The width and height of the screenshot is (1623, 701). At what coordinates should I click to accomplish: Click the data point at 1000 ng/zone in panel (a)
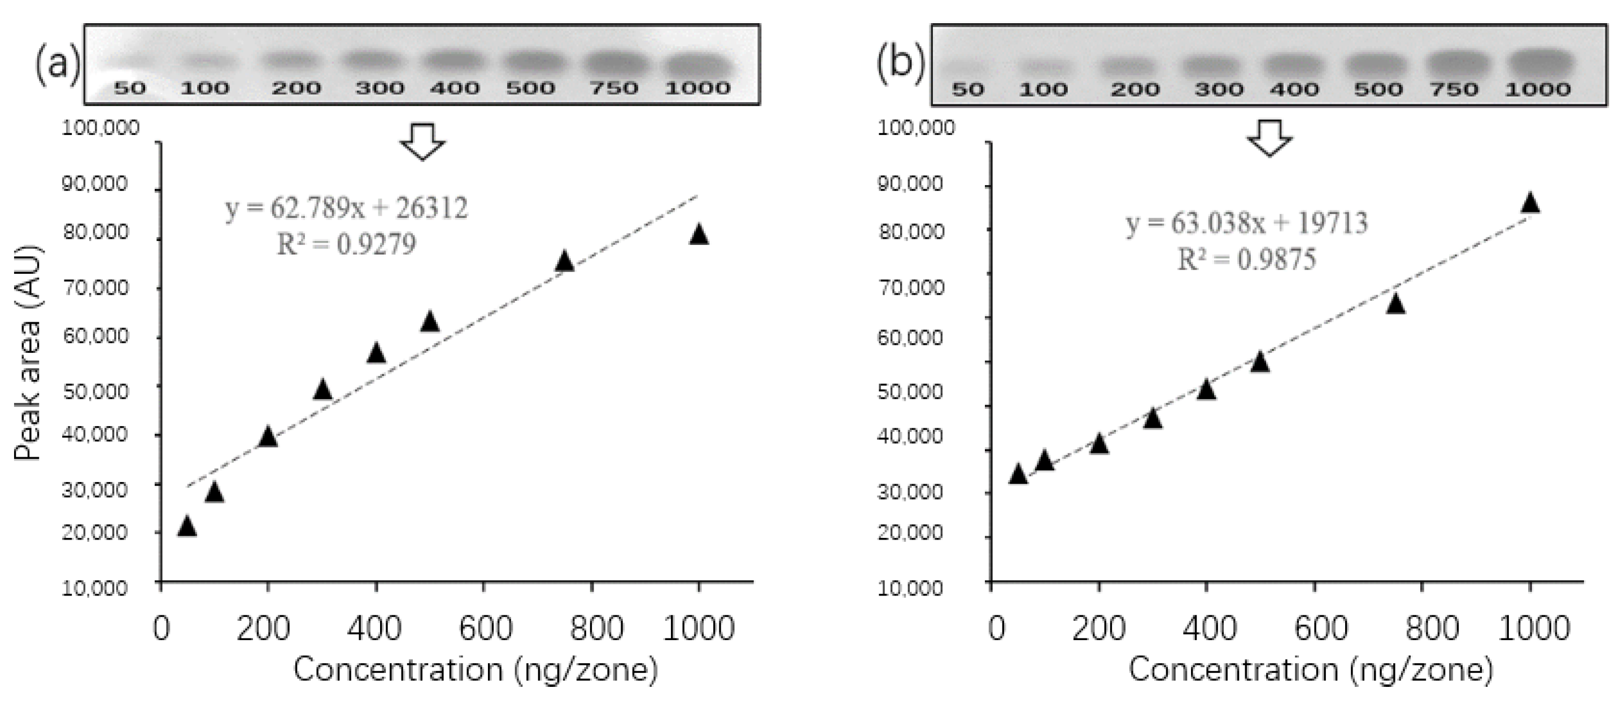699,235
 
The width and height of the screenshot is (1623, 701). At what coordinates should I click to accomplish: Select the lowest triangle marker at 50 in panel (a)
187,526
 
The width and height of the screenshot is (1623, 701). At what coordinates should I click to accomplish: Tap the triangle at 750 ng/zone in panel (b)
1395,304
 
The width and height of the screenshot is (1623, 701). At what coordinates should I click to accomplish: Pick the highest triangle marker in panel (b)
1530,203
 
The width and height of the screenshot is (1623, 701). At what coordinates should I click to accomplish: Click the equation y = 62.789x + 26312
347,208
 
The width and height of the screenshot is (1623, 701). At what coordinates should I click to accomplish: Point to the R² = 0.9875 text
1247,260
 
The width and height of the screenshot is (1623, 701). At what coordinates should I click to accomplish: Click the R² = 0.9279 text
347,244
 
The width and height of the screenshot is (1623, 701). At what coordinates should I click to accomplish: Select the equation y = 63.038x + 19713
1247,224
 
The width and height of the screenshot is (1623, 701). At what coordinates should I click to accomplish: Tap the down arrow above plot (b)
1270,138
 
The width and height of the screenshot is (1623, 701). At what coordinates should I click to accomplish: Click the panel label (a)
56,64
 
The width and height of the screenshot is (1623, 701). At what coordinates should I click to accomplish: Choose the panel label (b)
900,64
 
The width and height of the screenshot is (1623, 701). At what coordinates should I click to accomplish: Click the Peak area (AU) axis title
28,353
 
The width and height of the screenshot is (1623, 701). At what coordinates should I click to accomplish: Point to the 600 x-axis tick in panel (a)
485,629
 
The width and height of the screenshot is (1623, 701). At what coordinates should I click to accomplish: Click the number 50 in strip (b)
967,89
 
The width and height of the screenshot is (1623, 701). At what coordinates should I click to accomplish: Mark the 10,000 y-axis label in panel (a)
94,588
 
